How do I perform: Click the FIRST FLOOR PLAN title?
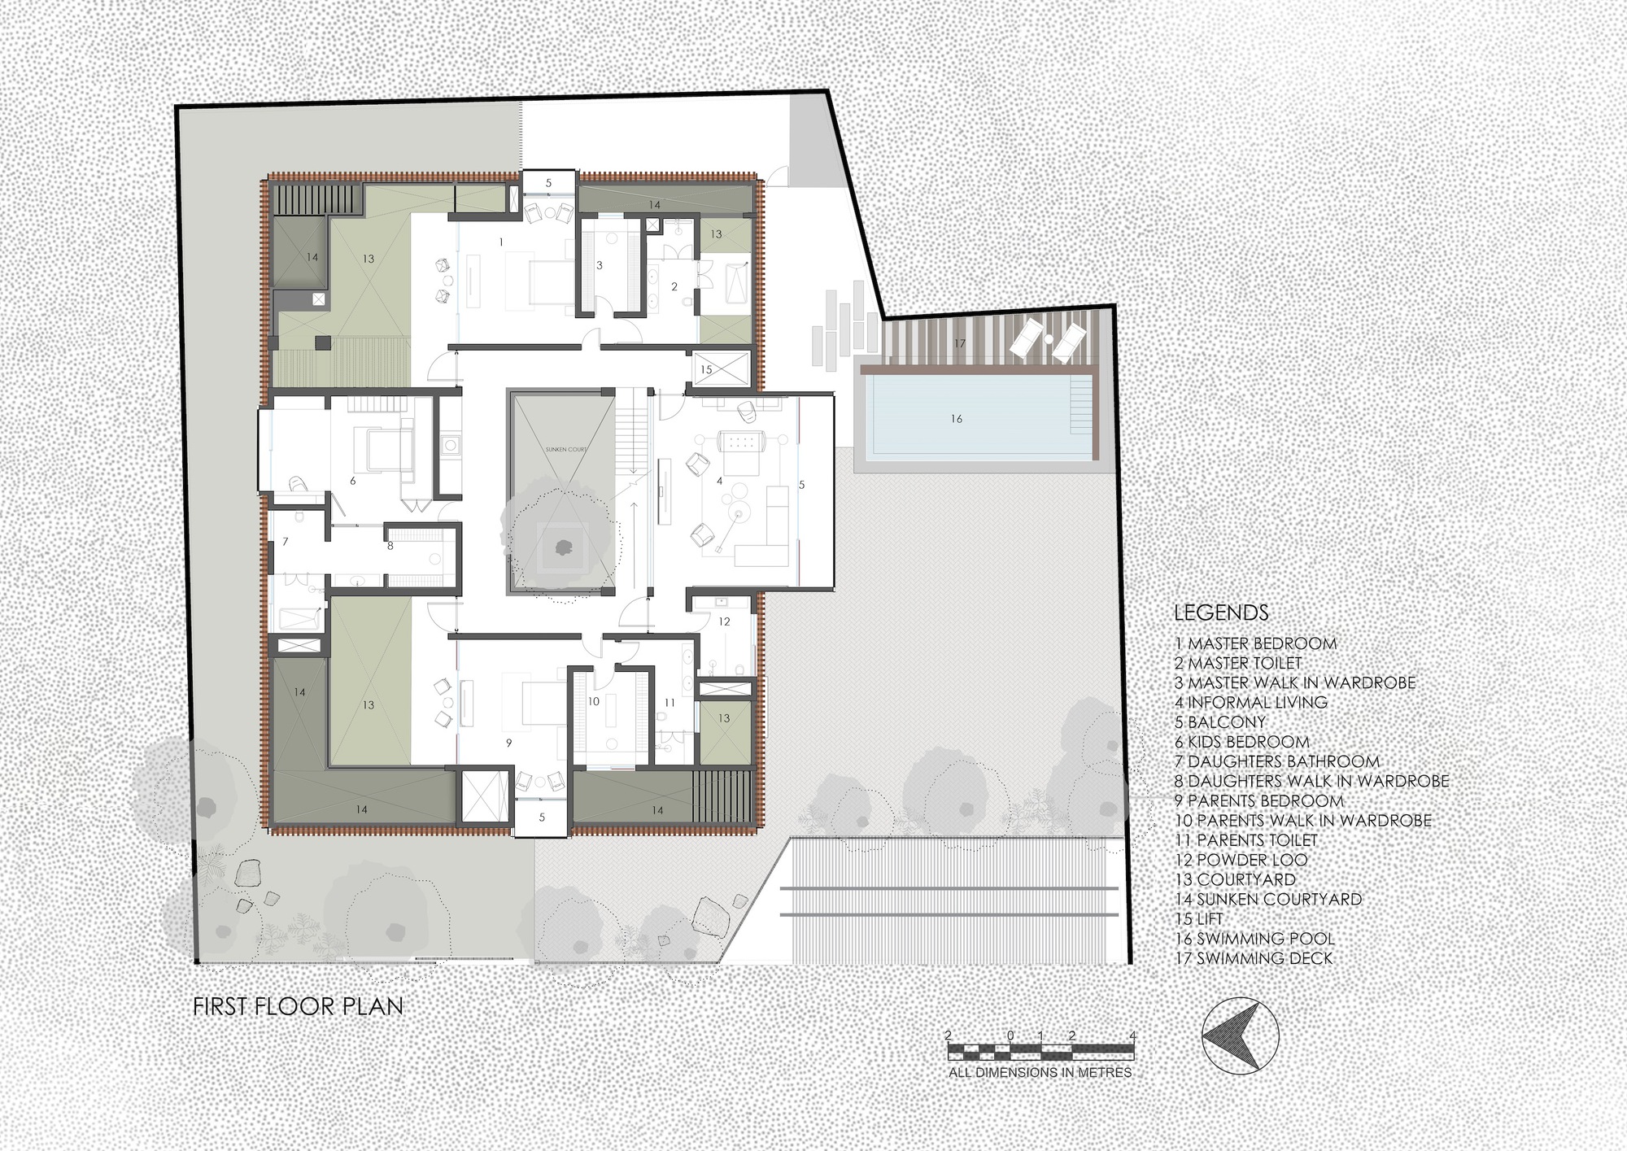point(298,1006)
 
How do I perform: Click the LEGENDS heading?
point(1221,613)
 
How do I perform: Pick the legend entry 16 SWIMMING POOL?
point(1254,939)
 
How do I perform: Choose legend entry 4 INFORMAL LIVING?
point(1251,702)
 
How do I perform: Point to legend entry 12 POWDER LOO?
point(1241,860)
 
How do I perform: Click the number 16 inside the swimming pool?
point(957,419)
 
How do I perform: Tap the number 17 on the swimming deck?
point(960,343)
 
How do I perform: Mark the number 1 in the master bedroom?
point(501,242)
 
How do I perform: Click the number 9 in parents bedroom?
point(509,743)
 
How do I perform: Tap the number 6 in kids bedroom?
point(353,481)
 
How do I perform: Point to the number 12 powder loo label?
point(724,621)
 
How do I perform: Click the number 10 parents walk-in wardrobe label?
point(593,701)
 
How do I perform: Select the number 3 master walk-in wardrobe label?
point(600,265)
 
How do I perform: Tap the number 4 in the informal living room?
point(719,481)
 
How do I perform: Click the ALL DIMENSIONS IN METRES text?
point(1040,1073)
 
